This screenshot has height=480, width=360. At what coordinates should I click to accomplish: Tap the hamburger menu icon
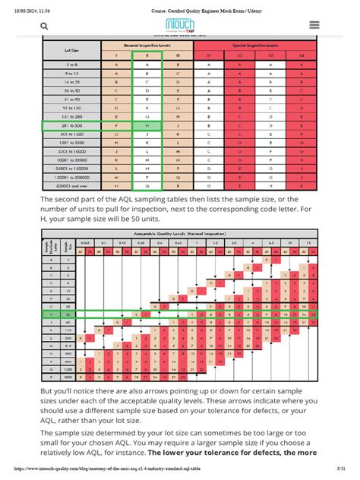click(313, 25)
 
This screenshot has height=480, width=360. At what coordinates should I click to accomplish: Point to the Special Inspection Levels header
click(257, 46)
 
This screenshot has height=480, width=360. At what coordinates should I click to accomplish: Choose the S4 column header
click(301, 55)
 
